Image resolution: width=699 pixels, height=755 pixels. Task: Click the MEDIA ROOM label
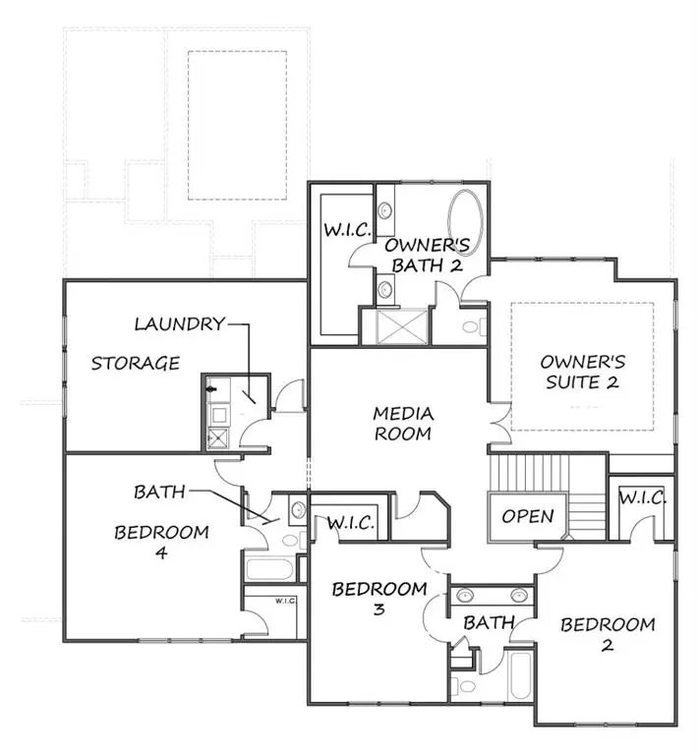point(403,424)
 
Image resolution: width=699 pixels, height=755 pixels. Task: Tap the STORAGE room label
point(136,364)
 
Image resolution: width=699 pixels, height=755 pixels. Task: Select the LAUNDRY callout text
point(179,323)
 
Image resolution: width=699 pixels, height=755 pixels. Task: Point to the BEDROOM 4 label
point(161,543)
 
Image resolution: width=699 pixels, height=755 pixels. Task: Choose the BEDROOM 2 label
point(608,635)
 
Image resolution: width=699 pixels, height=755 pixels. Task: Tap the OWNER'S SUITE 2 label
point(582,372)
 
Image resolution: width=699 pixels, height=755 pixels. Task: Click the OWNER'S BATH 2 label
point(424,255)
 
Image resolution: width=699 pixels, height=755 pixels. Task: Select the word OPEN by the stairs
point(528,516)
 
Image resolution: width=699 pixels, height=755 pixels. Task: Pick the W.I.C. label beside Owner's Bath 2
point(347,230)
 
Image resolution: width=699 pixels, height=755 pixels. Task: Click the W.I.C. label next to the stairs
point(643,498)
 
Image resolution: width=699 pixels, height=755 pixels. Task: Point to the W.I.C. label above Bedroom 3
point(350,523)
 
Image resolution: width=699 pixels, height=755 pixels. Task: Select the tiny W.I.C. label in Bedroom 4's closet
point(286,601)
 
